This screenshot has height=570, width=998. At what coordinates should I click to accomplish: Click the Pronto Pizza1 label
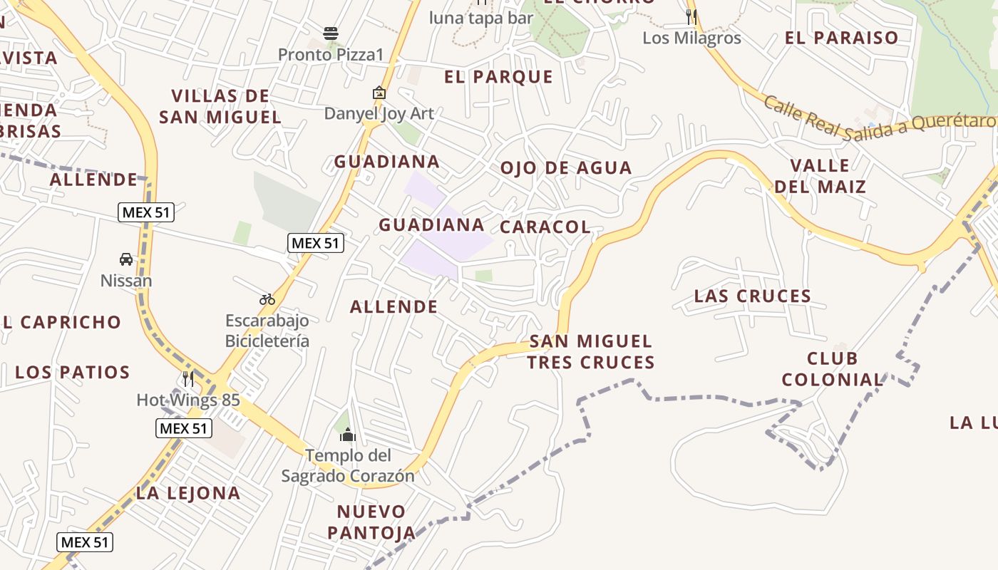pos(331,55)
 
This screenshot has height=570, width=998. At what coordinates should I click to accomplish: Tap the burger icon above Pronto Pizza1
pos(331,33)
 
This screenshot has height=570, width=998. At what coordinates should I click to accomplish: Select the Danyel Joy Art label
pos(379,113)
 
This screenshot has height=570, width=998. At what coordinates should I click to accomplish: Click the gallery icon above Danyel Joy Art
pos(379,93)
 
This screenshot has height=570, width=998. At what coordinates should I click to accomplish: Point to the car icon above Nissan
pos(126,259)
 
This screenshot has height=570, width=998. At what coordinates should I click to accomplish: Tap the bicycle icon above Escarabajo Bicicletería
pos(267,299)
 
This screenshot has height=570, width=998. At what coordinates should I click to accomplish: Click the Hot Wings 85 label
pos(188,400)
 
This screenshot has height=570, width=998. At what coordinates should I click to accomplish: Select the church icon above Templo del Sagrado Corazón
pos(348,434)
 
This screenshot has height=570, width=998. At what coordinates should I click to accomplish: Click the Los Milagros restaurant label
pos(691,38)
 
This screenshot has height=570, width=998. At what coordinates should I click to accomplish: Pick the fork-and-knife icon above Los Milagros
pos(691,16)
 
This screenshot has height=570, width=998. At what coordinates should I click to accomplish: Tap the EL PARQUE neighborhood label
pos(498,77)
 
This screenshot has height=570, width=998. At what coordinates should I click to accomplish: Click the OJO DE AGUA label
pos(566,168)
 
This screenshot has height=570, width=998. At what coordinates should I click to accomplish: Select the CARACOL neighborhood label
pos(545,227)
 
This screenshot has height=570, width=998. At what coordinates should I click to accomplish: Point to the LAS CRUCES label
pos(753,296)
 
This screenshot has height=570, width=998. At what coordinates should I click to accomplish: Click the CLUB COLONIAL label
pos(833,368)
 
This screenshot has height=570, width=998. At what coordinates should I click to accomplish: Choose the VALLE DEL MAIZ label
pos(820,177)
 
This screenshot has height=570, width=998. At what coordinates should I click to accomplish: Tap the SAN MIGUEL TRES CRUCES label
pos(590,352)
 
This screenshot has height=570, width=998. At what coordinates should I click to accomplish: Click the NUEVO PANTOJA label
pos(371,522)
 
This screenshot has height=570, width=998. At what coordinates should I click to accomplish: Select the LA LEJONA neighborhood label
pos(188,493)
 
